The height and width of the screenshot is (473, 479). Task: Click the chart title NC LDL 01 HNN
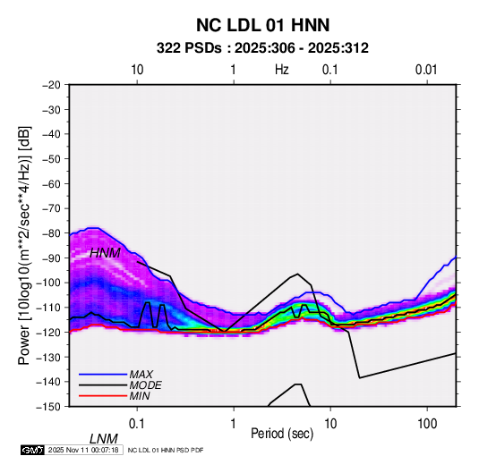point(262,25)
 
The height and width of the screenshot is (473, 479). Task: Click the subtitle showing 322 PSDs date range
point(262,48)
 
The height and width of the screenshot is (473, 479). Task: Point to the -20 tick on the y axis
point(51,85)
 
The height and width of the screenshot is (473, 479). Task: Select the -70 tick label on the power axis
point(51,208)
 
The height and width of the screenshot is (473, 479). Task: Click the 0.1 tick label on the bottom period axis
point(136,424)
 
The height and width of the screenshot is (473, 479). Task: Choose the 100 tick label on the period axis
point(427,424)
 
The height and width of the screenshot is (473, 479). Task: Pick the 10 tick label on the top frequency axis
point(137,70)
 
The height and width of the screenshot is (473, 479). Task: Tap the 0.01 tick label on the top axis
point(426,70)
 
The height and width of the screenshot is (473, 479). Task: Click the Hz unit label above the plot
point(282,70)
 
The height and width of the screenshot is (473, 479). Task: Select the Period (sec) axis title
point(282,434)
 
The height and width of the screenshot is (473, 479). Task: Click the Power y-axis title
point(24,245)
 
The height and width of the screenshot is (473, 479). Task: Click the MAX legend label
point(141,375)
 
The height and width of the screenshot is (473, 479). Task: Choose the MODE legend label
point(145,385)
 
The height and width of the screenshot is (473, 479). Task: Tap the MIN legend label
point(140,396)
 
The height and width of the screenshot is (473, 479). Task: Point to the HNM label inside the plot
point(105,253)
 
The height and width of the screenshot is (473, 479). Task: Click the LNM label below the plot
point(104,439)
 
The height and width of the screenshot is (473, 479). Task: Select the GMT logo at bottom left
point(32,450)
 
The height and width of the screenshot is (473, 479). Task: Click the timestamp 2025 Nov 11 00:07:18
point(83,450)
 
